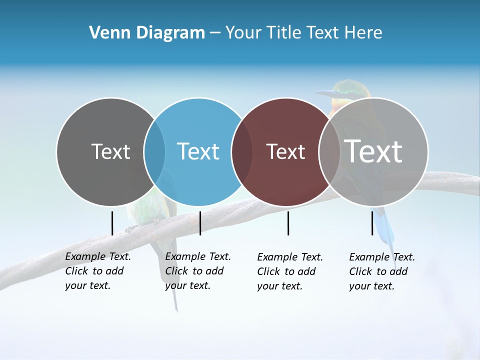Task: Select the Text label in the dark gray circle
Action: click(x=110, y=151)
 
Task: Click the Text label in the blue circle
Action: click(x=198, y=151)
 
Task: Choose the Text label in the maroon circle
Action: click(x=285, y=151)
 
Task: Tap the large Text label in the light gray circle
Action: click(x=373, y=151)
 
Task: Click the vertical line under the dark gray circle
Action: click(x=112, y=223)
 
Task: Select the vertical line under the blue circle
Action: click(x=200, y=223)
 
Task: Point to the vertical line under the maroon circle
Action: click(x=288, y=223)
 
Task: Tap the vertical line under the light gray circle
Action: click(x=372, y=223)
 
